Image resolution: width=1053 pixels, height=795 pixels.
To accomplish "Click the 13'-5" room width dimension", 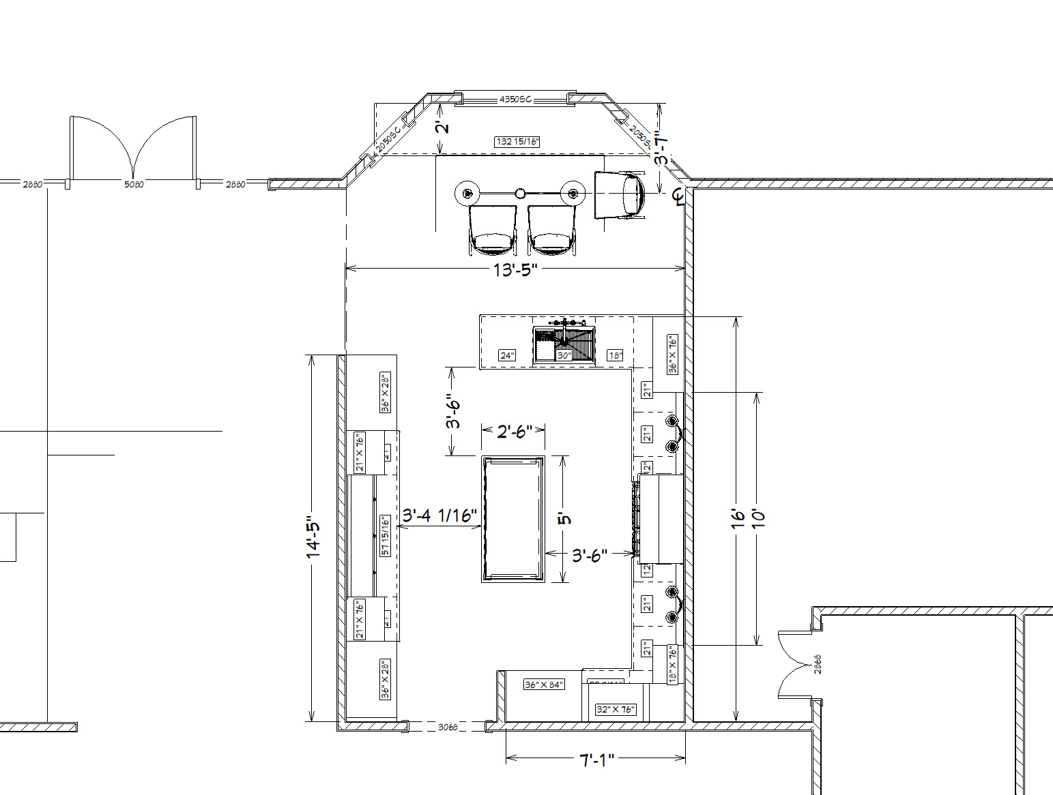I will [515, 270].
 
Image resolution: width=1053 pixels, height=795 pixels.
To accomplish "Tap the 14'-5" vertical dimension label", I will [314, 537].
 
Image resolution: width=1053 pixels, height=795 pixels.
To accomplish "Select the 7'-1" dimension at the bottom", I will [596, 760].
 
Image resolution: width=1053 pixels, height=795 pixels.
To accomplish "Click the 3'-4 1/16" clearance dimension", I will [439, 515].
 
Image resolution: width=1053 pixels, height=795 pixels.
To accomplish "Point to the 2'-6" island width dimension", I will [513, 432].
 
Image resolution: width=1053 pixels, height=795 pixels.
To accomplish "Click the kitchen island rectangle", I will [513, 519].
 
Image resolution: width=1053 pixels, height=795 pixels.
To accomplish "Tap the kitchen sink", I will [564, 343].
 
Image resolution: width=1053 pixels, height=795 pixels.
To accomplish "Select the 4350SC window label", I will [515, 100].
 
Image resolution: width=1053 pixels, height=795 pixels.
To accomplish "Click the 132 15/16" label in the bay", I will [517, 142].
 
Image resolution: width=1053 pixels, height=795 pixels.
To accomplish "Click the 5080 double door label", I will [134, 184].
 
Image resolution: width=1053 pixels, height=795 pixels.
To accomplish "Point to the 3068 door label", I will [447, 727].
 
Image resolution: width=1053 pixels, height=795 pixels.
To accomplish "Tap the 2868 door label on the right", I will [818, 664].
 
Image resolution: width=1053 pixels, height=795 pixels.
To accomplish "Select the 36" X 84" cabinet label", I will [544, 685].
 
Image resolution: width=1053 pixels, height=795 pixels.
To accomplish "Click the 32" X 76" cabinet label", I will [616, 710].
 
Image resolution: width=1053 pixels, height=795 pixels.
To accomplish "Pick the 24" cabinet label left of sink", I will [507, 355].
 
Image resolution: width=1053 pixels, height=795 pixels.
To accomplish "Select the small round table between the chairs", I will [521, 194].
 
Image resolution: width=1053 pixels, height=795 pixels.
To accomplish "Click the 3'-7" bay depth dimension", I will [660, 148].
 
